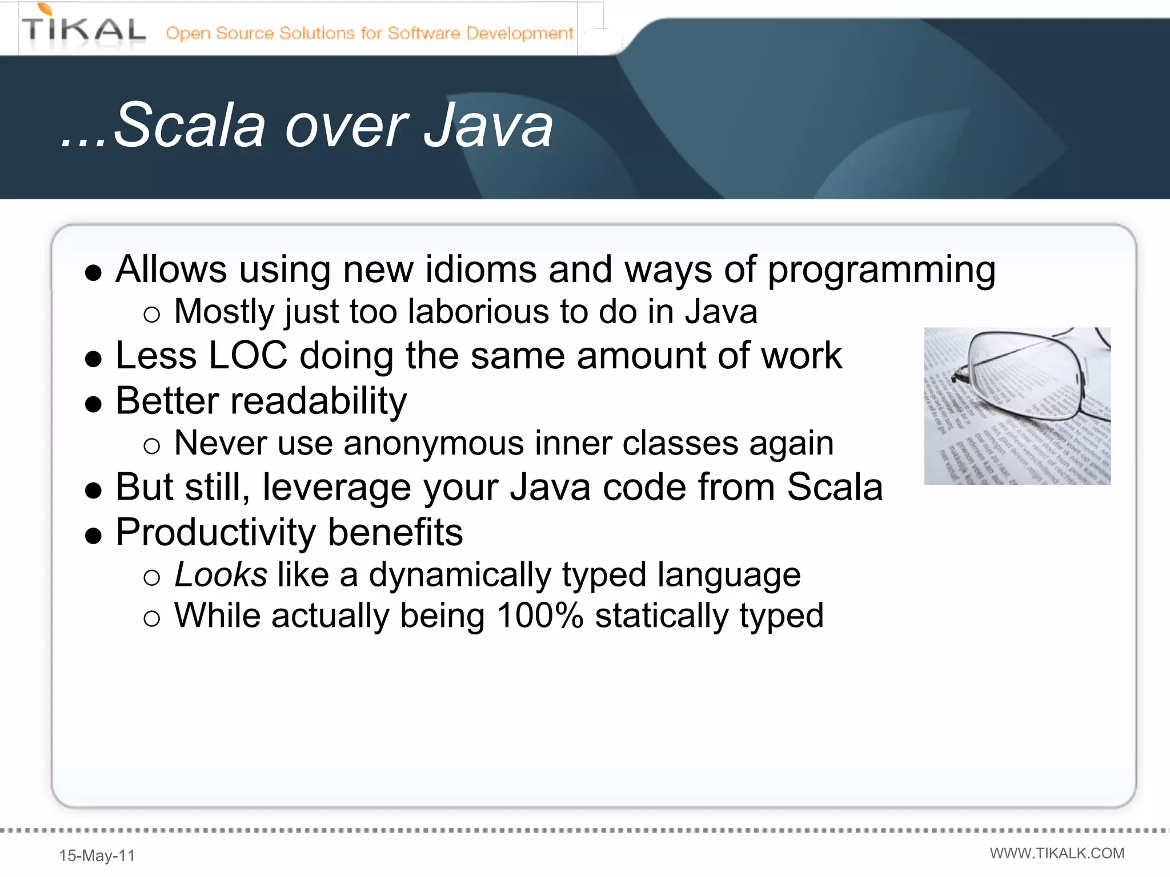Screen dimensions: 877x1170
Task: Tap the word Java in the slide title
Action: pyautogui.click(x=488, y=125)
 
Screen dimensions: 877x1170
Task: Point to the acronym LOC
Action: pyautogui.click(x=248, y=356)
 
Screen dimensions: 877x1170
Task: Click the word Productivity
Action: pyautogui.click(x=215, y=532)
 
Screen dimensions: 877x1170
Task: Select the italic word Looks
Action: pyautogui.click(x=221, y=574)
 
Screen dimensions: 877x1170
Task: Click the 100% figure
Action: pyautogui.click(x=540, y=616)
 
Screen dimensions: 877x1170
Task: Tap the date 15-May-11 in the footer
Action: pyautogui.click(x=97, y=855)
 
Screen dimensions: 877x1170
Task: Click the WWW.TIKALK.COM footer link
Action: pyautogui.click(x=1057, y=853)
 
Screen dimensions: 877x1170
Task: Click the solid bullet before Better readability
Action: pyautogui.click(x=93, y=404)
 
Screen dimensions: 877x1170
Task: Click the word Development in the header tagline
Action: pyautogui.click(x=519, y=33)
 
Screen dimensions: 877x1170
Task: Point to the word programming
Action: pyautogui.click(x=881, y=270)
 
